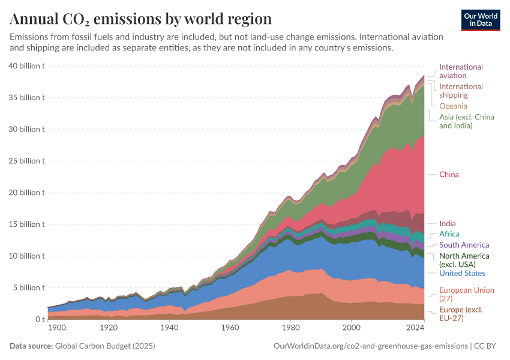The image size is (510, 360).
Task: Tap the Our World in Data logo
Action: tap(481, 19)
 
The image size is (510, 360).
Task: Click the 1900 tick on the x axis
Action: tap(56, 328)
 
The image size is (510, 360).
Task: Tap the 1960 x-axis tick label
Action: tap(230, 328)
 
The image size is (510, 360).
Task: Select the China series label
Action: tap(449, 175)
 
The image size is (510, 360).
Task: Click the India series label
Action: tap(447, 224)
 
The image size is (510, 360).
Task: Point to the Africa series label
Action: tap(449, 234)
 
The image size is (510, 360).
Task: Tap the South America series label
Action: tap(464, 245)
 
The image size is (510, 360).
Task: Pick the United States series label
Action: tap(462, 273)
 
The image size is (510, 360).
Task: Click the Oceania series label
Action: tap(453, 106)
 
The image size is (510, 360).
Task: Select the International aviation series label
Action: tap(461, 71)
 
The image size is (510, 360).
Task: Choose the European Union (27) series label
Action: tap(467, 294)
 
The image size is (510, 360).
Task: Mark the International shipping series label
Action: tap(461, 91)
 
